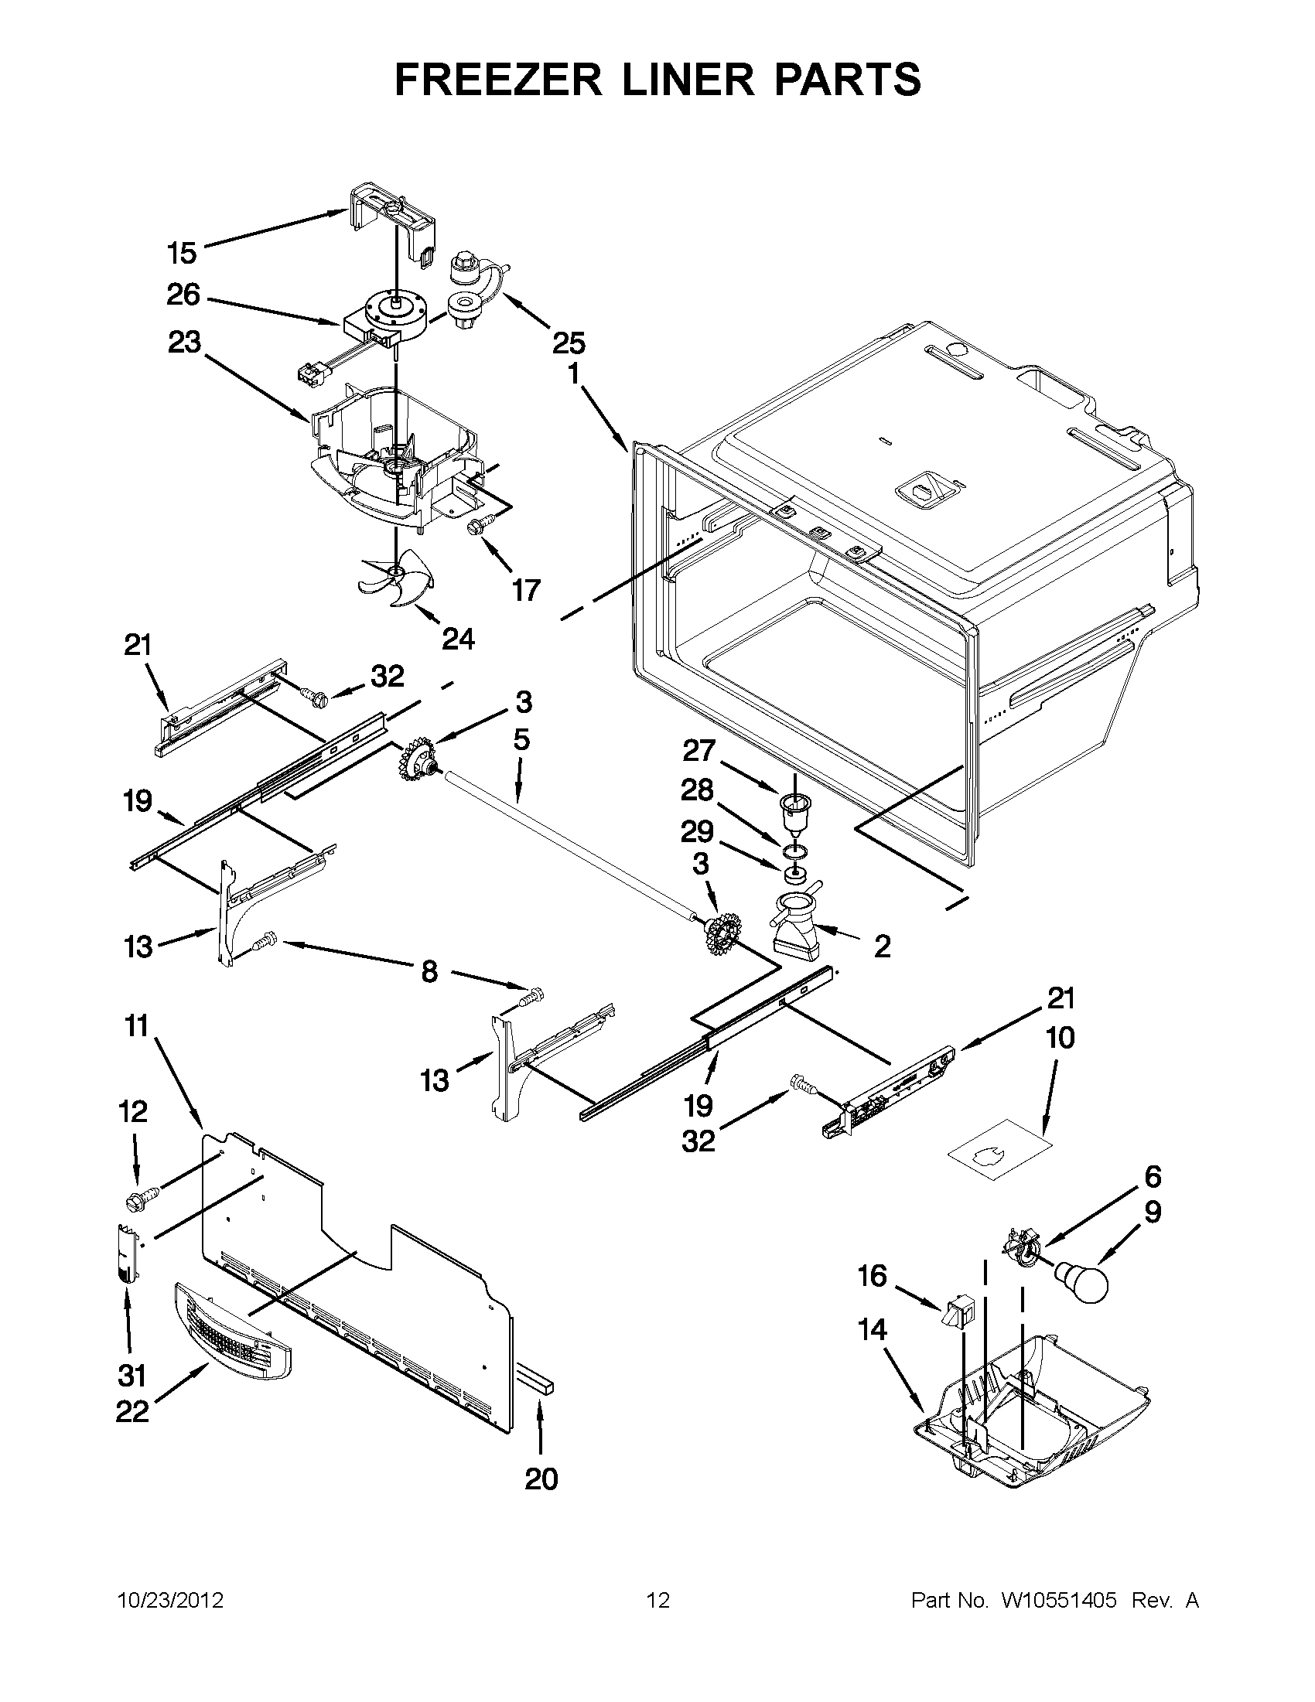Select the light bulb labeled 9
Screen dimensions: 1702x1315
coord(1081,1281)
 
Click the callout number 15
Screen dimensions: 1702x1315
coord(183,254)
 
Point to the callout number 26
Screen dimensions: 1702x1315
coord(183,295)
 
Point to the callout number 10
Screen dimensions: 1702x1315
coord(1060,1037)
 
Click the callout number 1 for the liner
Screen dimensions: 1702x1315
coord(574,376)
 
